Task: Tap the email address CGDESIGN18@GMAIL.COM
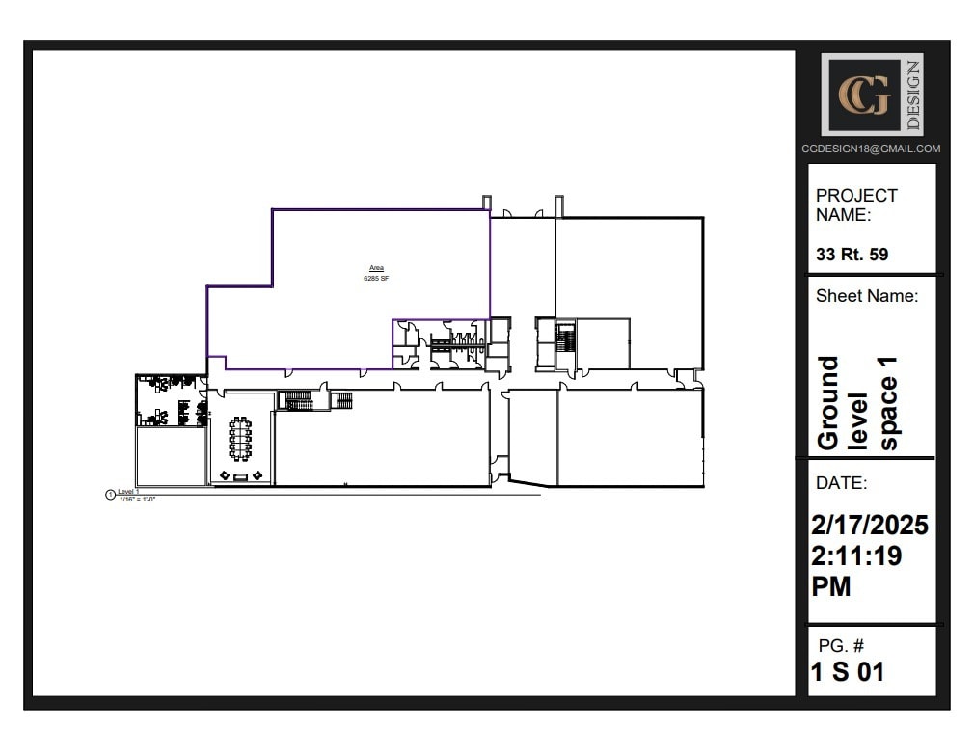point(871,149)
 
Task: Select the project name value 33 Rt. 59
point(852,256)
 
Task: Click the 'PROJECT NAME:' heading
point(856,204)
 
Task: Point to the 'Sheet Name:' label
point(867,296)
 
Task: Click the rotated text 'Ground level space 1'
point(857,402)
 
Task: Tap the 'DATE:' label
point(841,483)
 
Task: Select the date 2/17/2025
point(870,526)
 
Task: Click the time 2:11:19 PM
point(857,571)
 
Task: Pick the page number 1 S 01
point(847,672)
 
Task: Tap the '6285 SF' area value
point(376,278)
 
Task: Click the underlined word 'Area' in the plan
point(376,268)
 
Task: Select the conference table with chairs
point(240,438)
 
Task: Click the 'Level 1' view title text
point(129,492)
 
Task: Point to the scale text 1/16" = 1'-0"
point(137,499)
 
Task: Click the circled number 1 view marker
point(110,495)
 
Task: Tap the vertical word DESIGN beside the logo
point(912,95)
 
